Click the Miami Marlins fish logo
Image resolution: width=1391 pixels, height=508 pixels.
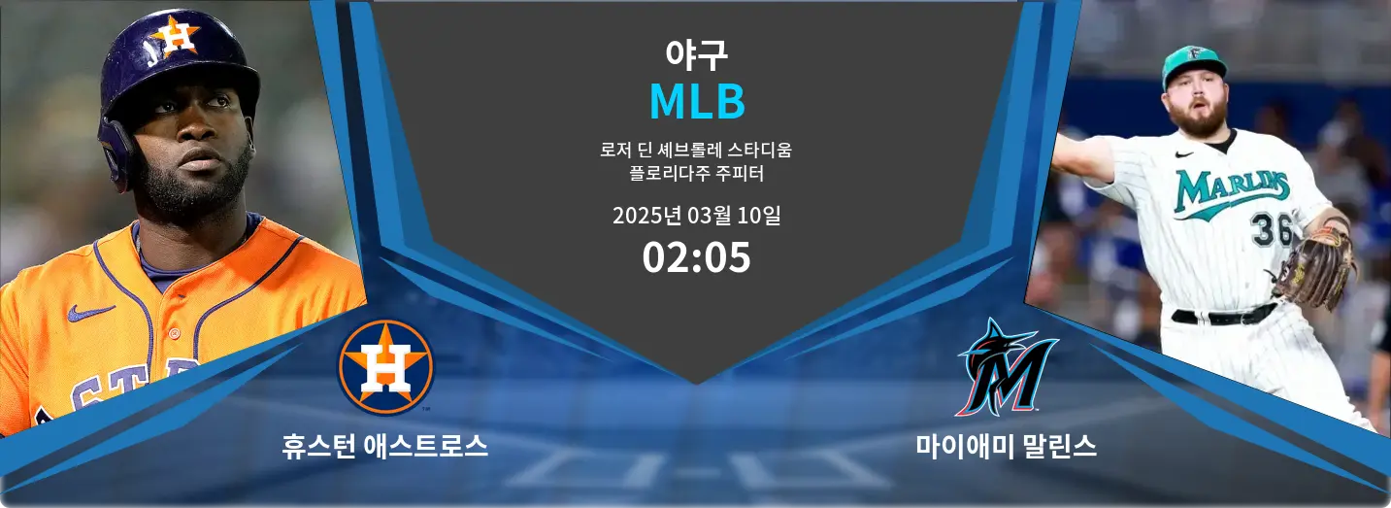[1006, 367]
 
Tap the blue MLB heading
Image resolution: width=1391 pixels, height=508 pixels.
[696, 101]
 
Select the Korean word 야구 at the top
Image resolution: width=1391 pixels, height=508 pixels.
[696, 54]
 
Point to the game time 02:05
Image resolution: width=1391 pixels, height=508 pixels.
[696, 257]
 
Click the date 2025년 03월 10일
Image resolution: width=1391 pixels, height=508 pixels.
[696, 216]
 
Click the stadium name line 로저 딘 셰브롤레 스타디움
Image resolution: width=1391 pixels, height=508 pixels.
[696, 152]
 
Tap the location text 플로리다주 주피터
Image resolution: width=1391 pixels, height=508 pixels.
[696, 175]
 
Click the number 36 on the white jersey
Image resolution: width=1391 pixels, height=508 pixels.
[1271, 229]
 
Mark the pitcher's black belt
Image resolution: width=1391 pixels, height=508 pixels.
[1223, 316]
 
